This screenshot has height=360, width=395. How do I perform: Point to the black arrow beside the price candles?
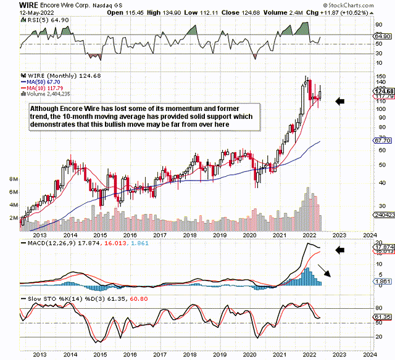tap(341, 100)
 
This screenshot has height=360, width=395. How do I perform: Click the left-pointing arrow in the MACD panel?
tap(341, 250)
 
